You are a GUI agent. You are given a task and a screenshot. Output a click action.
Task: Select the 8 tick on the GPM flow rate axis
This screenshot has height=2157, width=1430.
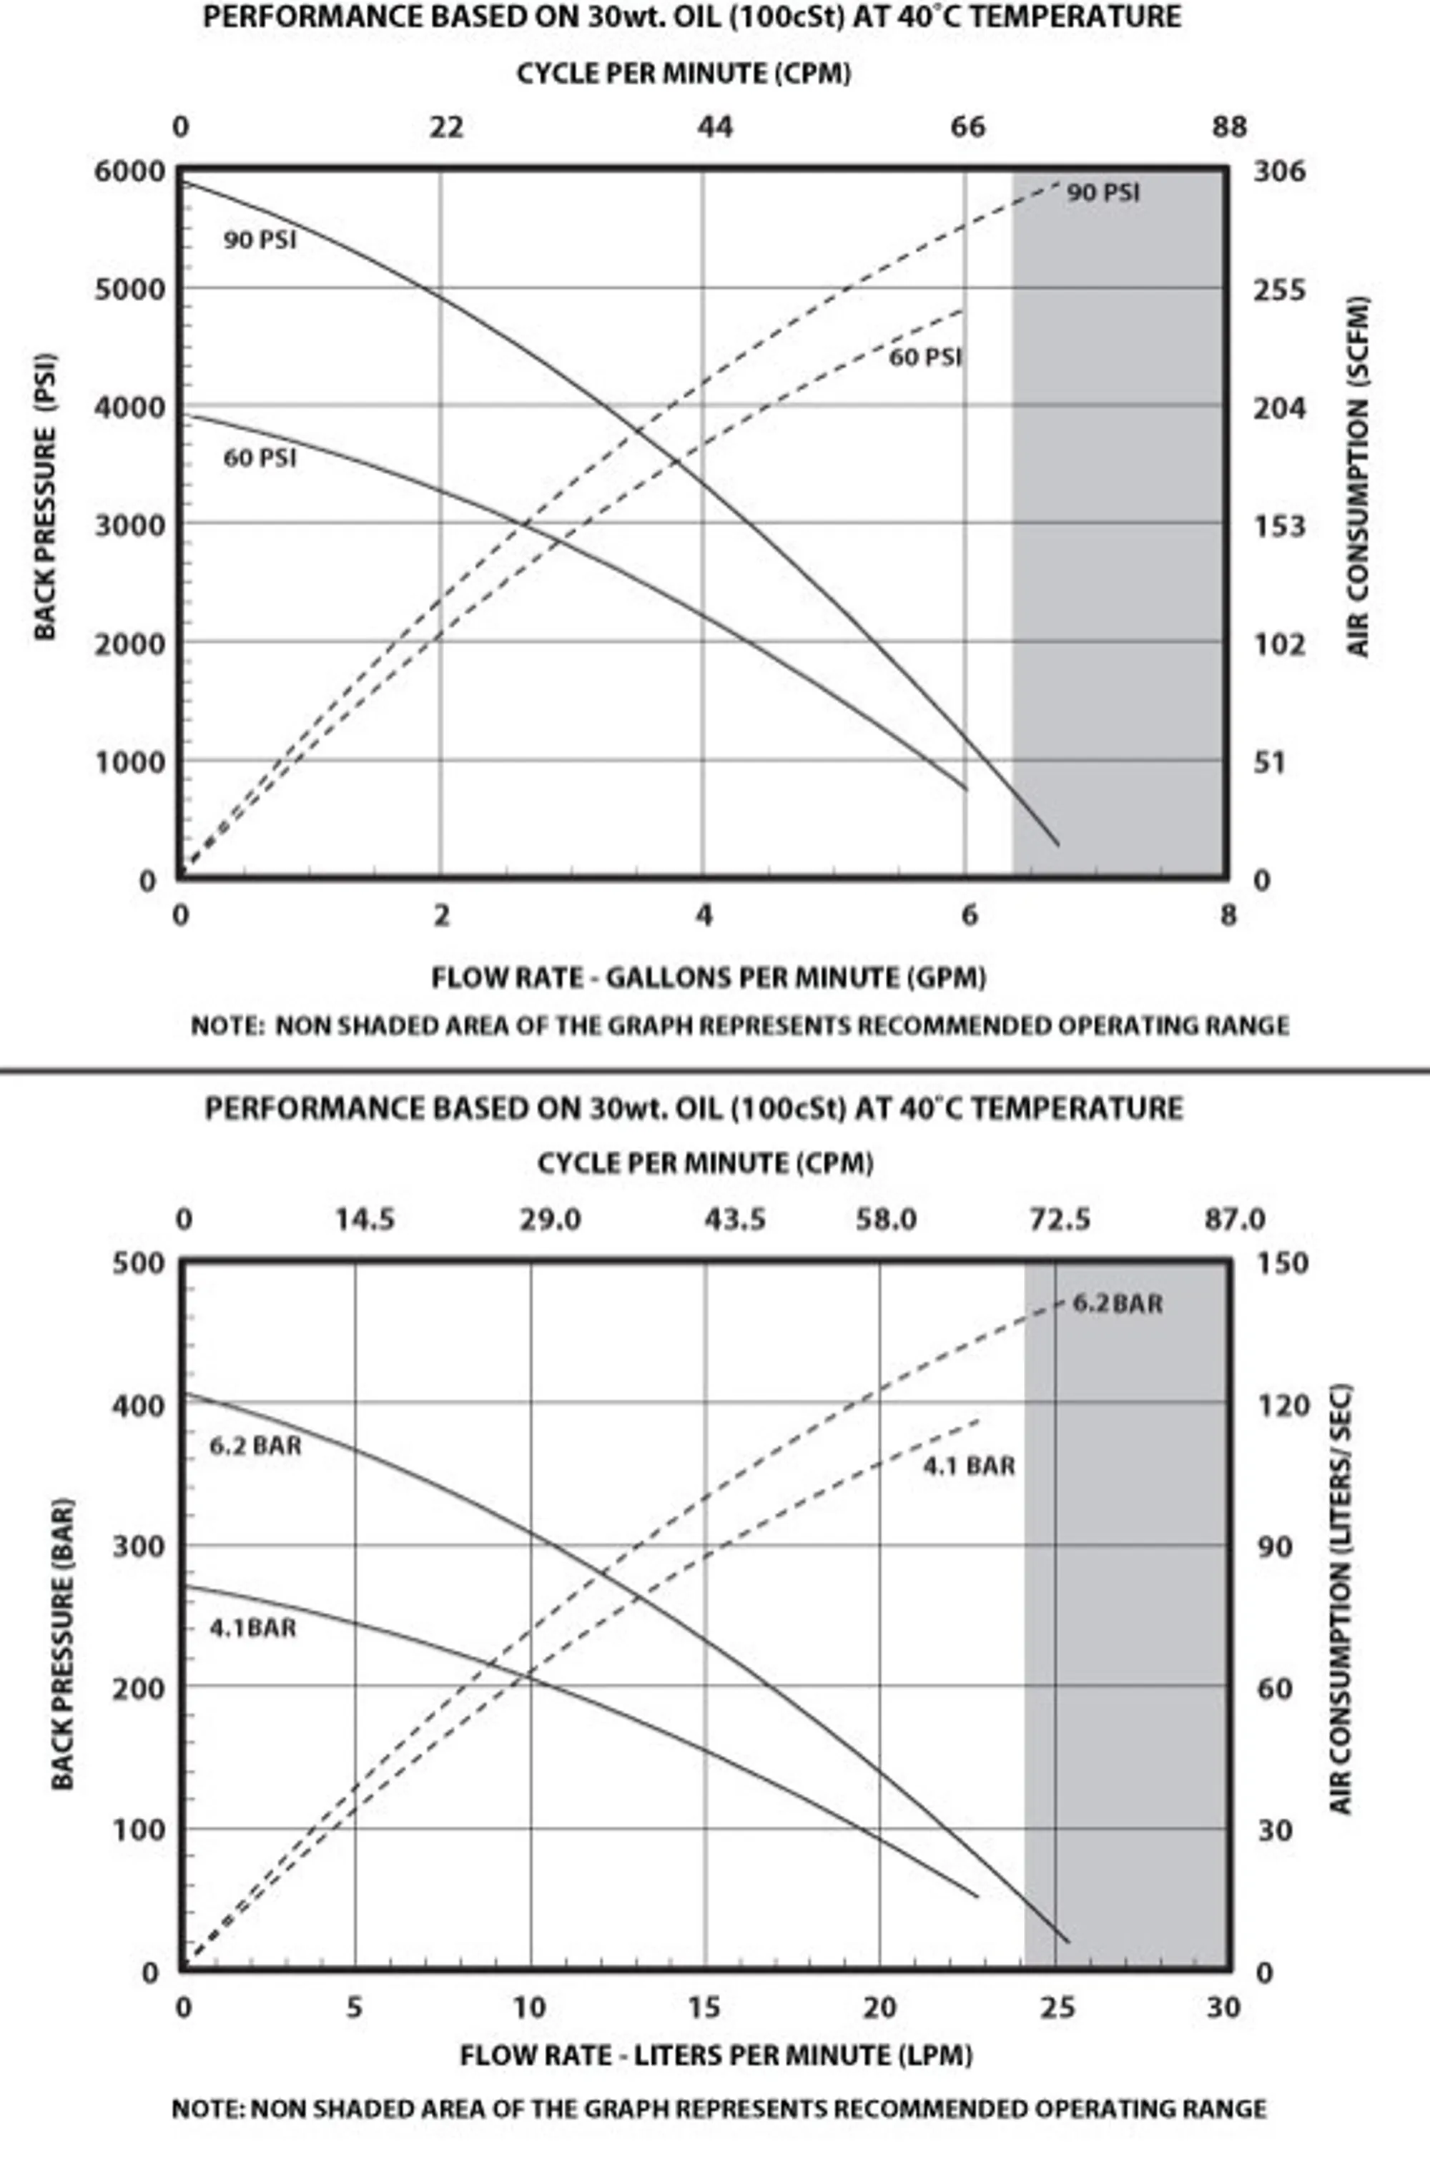pos(1228,914)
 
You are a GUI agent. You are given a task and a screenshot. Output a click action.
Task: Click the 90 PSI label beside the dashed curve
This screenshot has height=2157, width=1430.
pos(1103,193)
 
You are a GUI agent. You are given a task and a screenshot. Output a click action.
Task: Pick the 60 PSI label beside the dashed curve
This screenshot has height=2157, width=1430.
pos(924,357)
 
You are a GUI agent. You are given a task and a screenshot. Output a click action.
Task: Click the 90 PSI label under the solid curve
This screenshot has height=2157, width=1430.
pos(260,241)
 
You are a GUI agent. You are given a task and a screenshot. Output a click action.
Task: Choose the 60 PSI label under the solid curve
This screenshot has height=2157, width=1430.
pos(260,458)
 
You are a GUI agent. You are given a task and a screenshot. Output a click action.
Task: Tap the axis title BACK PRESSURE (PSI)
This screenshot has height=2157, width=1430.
pos(44,497)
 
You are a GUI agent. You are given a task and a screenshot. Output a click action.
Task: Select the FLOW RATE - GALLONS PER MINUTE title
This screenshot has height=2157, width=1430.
pos(709,978)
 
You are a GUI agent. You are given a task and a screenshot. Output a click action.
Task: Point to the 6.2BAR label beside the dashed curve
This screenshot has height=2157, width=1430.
pos(1117,1303)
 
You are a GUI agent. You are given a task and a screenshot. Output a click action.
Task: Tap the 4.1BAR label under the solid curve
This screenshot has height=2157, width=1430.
pos(252,1628)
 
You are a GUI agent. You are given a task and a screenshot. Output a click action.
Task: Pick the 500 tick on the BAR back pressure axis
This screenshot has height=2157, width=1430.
pos(139,1263)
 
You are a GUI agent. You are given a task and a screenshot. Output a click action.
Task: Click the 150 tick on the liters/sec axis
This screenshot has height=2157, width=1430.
pos(1282,1263)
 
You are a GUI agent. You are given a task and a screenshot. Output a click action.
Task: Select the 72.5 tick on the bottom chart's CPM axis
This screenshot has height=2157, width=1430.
pos(1059,1220)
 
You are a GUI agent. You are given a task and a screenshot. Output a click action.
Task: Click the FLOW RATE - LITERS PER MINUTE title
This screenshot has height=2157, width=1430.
pos(716,2055)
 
